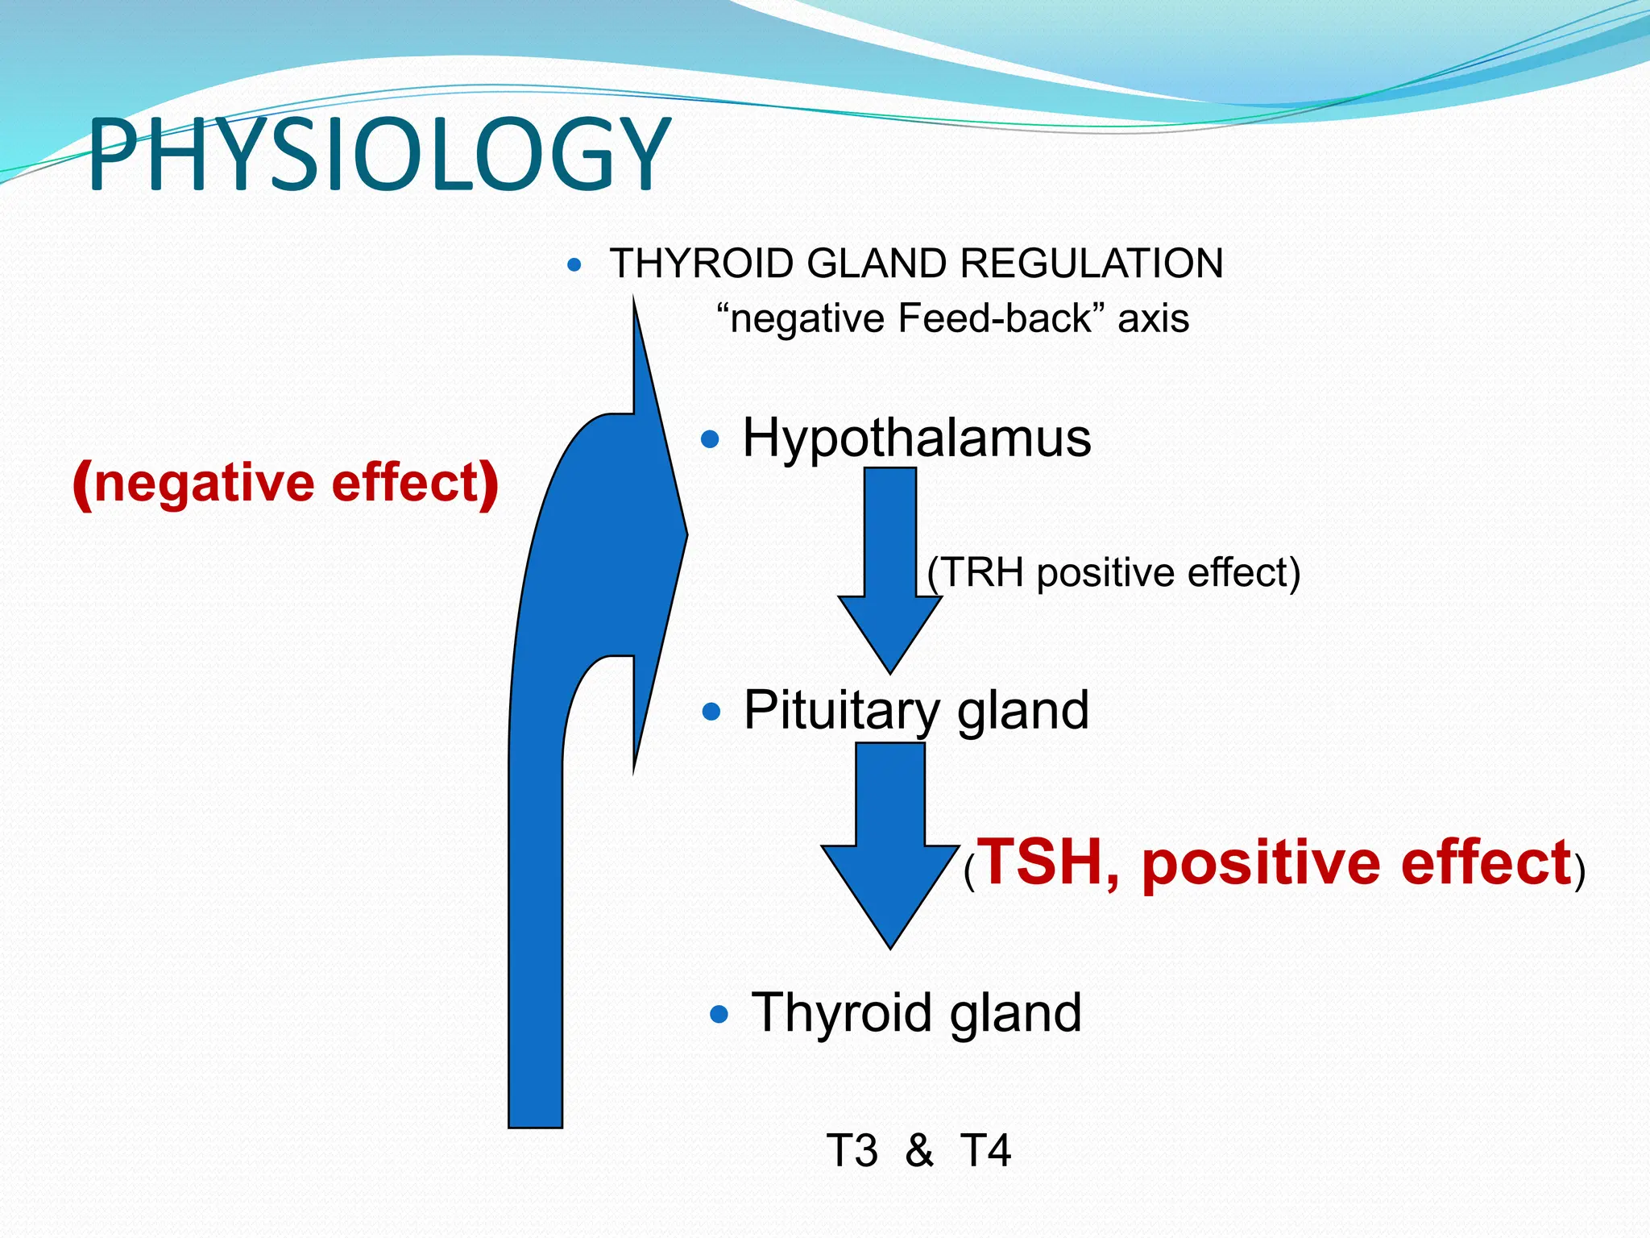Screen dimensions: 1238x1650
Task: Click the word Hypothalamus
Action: point(916,438)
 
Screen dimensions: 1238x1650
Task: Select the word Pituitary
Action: point(841,710)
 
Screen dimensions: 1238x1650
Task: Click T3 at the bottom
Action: point(852,1150)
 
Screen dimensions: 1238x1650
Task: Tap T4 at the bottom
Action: point(985,1150)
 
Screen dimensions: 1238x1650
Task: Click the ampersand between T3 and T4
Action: point(918,1150)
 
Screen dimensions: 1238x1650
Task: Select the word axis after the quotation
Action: point(1153,318)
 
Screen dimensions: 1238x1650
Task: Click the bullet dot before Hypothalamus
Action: point(710,439)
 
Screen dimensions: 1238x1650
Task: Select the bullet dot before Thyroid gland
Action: point(719,1014)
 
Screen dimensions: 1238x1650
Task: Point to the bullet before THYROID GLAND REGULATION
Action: point(574,264)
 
